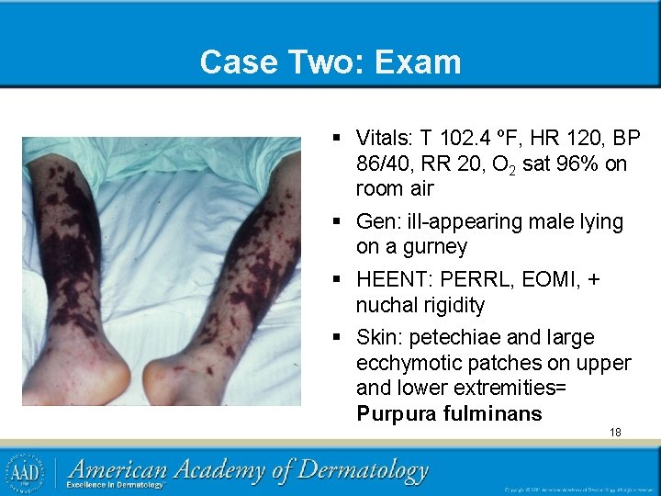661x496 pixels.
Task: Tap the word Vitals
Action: (385, 139)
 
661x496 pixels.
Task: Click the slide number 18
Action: (615, 432)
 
